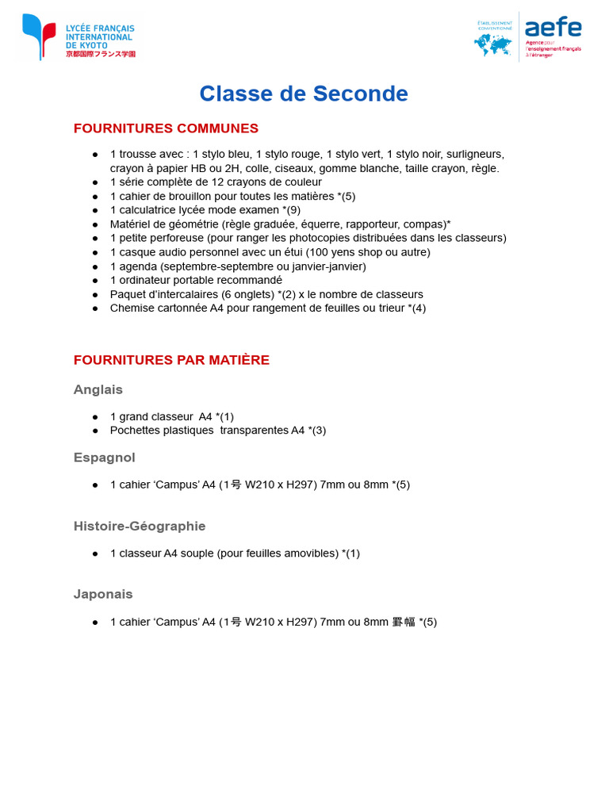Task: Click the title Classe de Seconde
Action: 304,94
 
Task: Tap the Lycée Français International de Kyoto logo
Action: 79,37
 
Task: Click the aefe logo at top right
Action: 528,36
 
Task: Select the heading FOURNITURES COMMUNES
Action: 166,128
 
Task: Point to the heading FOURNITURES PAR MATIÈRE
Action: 171,360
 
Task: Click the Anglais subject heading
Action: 98,389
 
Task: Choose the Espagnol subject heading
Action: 105,458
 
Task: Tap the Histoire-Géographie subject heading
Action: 140,526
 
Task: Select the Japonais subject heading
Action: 103,594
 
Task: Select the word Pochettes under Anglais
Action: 135,430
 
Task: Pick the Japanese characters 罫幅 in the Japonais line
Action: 404,622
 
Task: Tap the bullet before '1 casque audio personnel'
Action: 95,252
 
